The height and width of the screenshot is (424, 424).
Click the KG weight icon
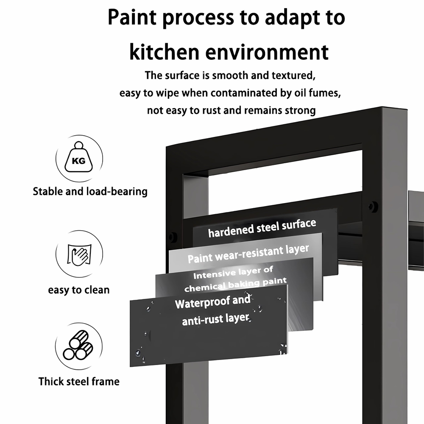(79, 157)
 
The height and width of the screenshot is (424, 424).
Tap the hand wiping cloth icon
(79, 255)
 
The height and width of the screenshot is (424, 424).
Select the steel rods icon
(78, 345)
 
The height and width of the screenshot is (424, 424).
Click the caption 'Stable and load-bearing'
(90, 192)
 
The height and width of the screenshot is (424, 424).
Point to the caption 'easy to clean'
(79, 290)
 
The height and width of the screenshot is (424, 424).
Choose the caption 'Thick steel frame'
(79, 381)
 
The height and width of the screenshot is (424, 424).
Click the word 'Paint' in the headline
(132, 17)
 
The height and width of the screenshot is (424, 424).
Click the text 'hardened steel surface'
(262, 228)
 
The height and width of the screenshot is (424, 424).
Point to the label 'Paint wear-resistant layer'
(248, 254)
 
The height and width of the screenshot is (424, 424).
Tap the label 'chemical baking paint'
(235, 285)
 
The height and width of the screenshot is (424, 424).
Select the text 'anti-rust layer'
(215, 319)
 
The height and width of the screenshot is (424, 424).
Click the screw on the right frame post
(374, 206)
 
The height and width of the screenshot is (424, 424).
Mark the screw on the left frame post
(172, 238)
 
